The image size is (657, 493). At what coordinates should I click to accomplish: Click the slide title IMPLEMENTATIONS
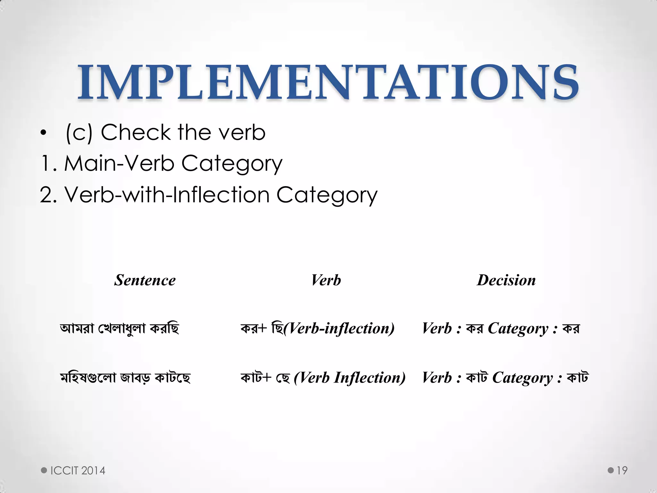click(x=328, y=82)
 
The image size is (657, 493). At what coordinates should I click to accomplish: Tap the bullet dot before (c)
click(x=44, y=133)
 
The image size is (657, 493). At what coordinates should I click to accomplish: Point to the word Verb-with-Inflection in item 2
click(x=167, y=195)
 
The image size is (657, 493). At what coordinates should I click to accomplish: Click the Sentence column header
click(x=145, y=280)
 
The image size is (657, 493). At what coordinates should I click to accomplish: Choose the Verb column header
click(x=326, y=280)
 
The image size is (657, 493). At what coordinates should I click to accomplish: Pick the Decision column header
click(x=506, y=280)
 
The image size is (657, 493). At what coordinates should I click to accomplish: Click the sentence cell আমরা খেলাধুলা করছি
click(x=119, y=328)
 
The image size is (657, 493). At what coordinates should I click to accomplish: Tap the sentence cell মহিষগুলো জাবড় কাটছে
click(x=125, y=377)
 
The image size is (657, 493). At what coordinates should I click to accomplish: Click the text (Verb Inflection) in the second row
click(x=350, y=377)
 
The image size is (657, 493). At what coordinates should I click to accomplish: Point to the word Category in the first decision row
click(x=518, y=329)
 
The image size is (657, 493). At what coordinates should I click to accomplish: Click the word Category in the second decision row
click(x=522, y=378)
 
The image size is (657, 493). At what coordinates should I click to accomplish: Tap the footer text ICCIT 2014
click(x=78, y=471)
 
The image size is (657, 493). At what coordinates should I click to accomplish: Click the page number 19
click(x=622, y=471)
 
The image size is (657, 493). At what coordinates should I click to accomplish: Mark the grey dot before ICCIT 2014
click(x=44, y=471)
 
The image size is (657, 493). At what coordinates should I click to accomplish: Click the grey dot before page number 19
click(x=610, y=471)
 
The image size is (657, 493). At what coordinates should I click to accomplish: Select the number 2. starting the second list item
click(x=48, y=195)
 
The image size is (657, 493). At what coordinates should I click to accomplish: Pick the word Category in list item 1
click(x=232, y=164)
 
